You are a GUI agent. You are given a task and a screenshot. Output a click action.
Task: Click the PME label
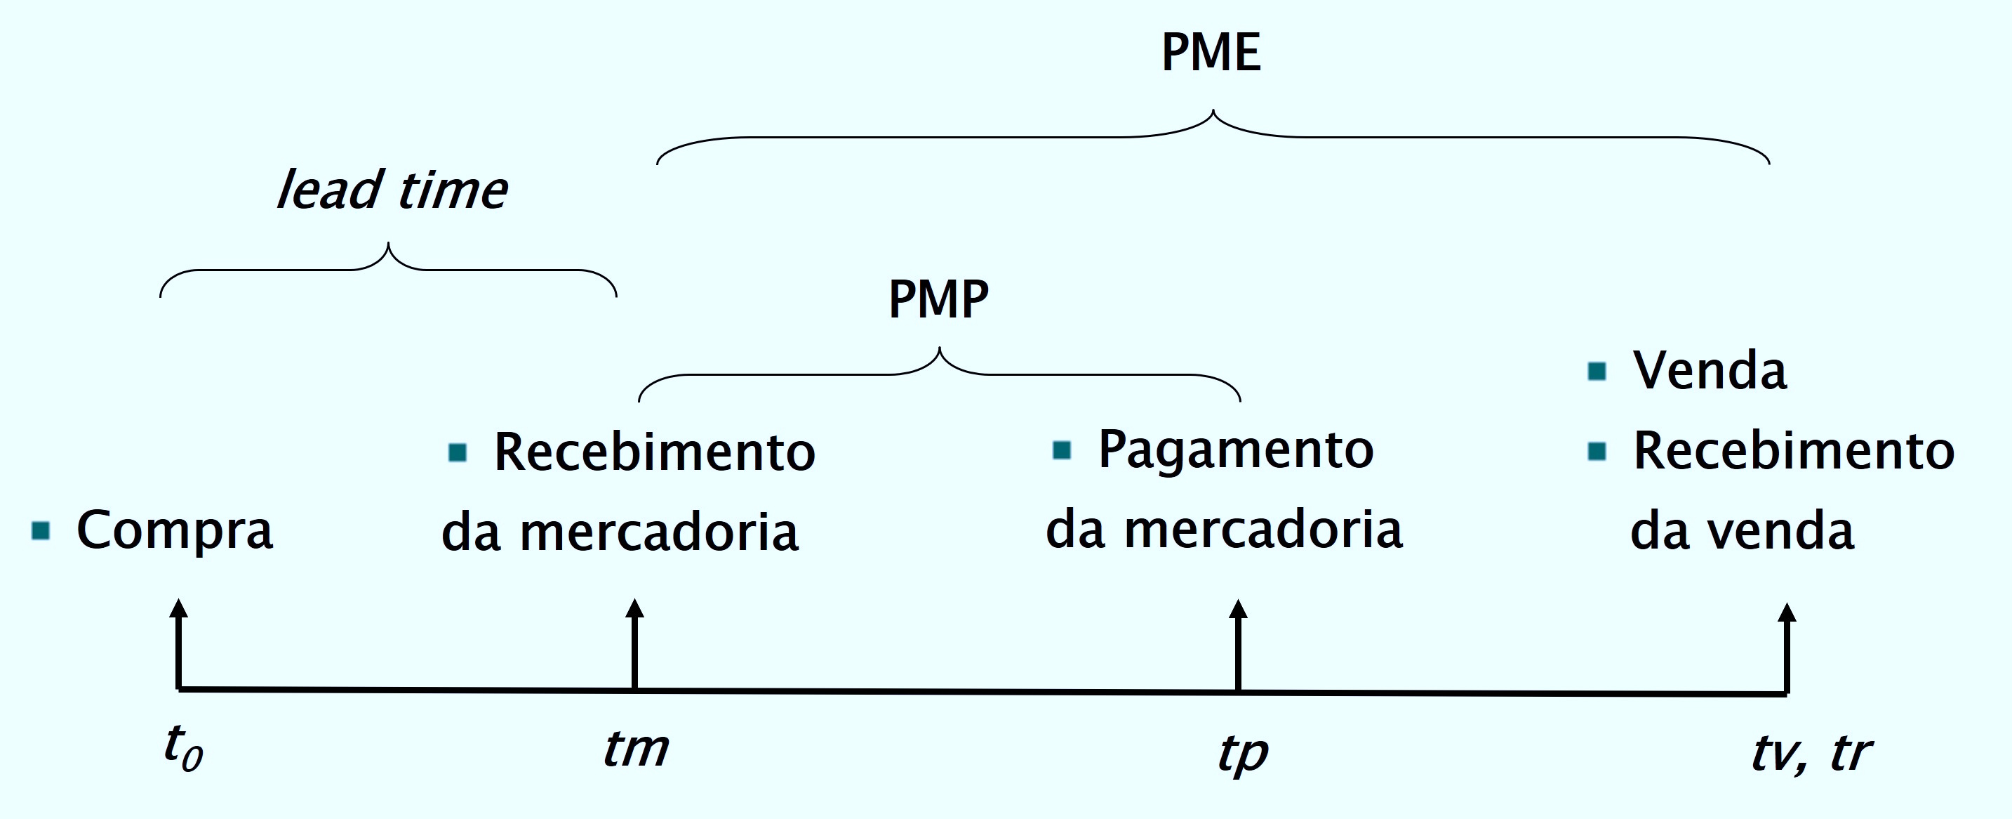pos(1211,53)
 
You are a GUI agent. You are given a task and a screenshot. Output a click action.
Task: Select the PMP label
pos(938,299)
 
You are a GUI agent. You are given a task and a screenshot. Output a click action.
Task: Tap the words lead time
pos(392,190)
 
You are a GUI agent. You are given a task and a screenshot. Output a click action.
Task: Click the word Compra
pos(175,530)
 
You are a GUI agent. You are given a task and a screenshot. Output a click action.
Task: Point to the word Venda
pos(1710,370)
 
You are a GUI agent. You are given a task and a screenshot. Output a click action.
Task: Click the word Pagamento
pos(1236,450)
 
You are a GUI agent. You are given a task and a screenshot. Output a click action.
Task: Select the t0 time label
pos(184,748)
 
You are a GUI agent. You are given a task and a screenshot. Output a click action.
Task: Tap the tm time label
pos(636,749)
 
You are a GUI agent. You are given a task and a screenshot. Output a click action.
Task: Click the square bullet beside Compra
pos(41,530)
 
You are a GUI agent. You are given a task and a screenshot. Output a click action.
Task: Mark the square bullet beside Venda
pos(1597,370)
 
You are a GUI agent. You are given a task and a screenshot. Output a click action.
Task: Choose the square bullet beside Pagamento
pos(1062,450)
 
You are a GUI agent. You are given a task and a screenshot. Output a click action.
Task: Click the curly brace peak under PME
pos(1213,113)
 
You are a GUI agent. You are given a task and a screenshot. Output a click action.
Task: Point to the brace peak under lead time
pos(388,246)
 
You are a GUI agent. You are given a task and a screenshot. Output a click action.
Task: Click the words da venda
pos(1742,530)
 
